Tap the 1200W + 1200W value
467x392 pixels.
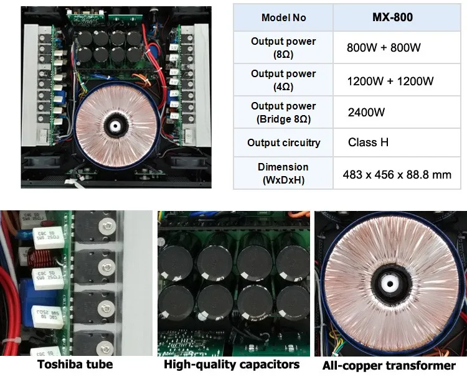390,80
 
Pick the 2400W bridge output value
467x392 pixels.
367,113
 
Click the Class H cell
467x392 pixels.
368,142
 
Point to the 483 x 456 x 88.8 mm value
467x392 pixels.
397,174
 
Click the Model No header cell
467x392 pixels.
283,17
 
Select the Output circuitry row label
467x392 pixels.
283,142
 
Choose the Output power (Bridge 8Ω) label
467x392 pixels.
283,113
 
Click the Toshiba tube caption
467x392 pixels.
75,365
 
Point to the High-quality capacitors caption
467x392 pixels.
232,365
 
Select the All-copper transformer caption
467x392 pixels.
389,365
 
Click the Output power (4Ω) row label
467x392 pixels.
283,80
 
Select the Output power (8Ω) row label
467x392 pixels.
283,48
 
